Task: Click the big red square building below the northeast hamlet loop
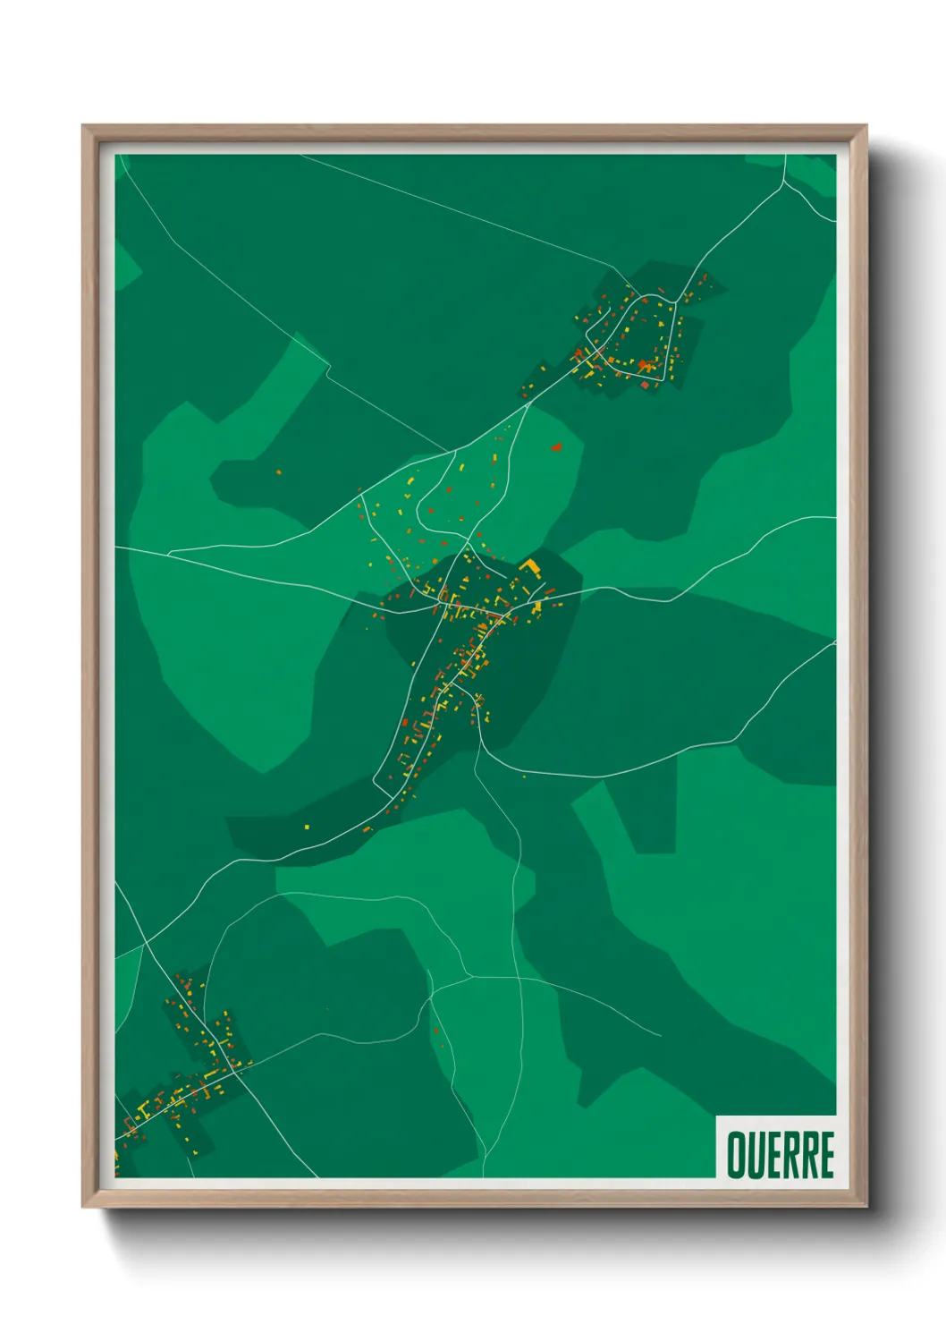645,385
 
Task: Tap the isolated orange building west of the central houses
278,471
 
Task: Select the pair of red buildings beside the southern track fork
437,1038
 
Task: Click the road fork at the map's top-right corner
784,182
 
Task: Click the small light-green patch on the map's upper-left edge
125,265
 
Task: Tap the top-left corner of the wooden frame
83,126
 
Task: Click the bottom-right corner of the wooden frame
866,1207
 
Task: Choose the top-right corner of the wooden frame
866,126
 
